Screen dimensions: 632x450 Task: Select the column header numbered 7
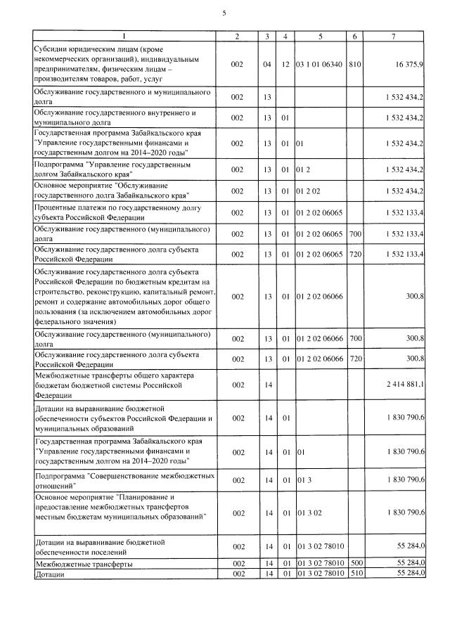pyautogui.click(x=395, y=36)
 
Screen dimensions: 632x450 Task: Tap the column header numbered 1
pyautogui.click(x=124, y=36)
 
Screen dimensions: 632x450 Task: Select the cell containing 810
pyautogui.click(x=355, y=64)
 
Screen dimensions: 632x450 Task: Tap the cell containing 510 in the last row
pyautogui.click(x=355, y=574)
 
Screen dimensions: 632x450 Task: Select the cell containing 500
pyautogui.click(x=355, y=564)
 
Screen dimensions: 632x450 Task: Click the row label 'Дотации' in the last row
pyautogui.click(x=49, y=574)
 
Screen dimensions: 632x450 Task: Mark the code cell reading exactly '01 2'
pyautogui.click(x=303, y=169)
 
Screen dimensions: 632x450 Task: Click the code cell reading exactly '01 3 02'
pyautogui.click(x=308, y=513)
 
